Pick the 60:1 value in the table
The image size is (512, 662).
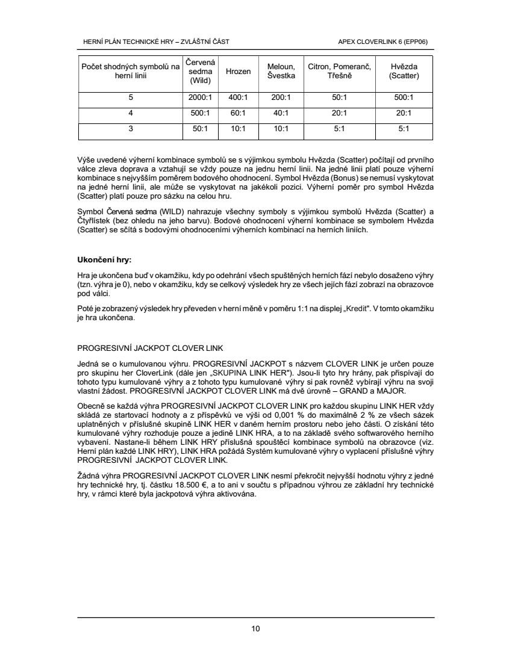pyautogui.click(x=238, y=113)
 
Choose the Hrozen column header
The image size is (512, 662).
pyautogui.click(x=238, y=71)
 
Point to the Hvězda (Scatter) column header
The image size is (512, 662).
pyautogui.click(x=404, y=71)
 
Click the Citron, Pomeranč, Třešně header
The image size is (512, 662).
pyautogui.click(x=340, y=71)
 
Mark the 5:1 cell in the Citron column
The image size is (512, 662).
pyautogui.click(x=340, y=128)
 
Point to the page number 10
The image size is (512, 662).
pyautogui.click(x=255, y=630)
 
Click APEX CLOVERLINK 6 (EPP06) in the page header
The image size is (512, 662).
pyautogui.click(x=387, y=42)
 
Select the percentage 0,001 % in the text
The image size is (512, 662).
pyautogui.click(x=298, y=415)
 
